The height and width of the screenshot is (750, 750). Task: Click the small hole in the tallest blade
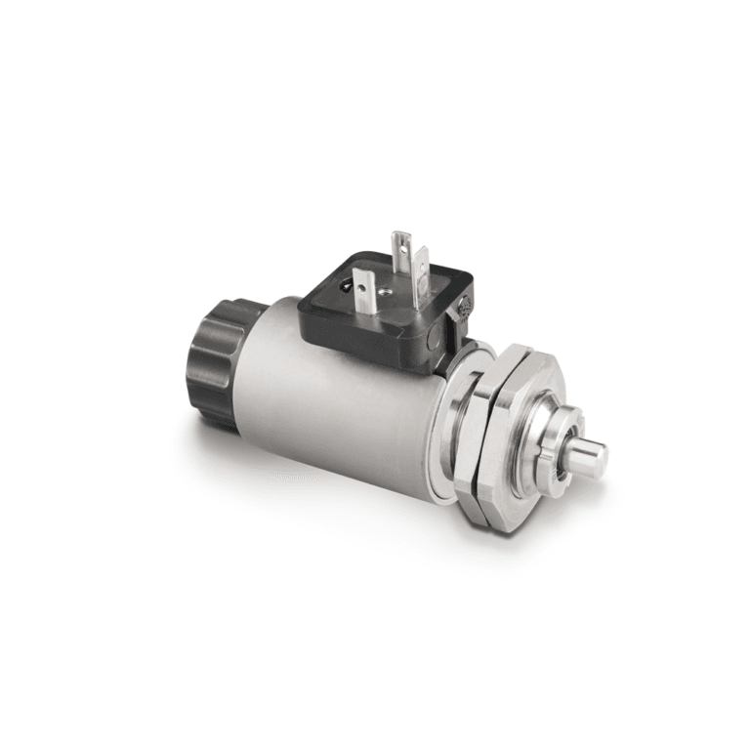(x=401, y=243)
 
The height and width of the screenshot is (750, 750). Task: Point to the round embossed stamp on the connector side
(x=463, y=307)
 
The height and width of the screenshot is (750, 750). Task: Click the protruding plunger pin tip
(x=591, y=456)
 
